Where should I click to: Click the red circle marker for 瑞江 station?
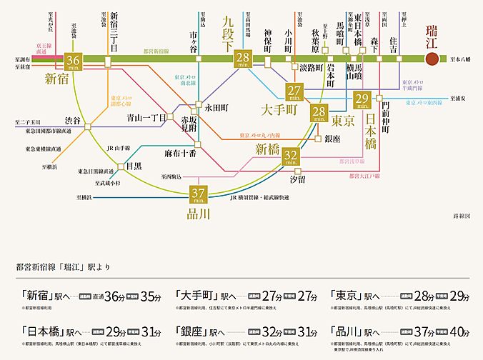pos(431,59)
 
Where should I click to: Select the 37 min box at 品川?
pos(199,194)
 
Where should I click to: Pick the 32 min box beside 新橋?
pos(291,156)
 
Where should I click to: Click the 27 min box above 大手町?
pos(294,91)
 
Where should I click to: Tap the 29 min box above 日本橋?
pos(362,99)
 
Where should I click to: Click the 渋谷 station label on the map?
pos(72,119)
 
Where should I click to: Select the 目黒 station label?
pos(134,166)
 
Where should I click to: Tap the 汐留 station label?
pos(297,178)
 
